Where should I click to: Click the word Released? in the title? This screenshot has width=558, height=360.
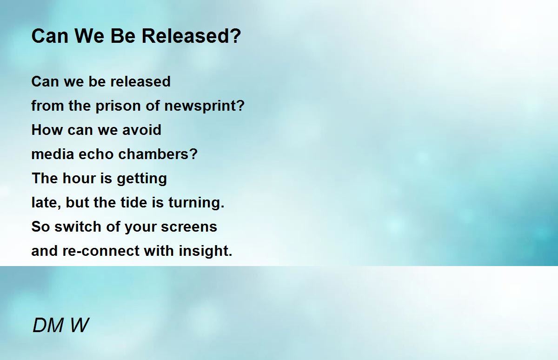[x=191, y=36]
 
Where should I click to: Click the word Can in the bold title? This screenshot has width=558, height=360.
[x=50, y=36]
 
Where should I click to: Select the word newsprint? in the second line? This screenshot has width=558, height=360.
[x=205, y=106]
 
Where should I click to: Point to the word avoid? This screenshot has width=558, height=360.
[x=142, y=130]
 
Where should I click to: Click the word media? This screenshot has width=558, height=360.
[x=53, y=154]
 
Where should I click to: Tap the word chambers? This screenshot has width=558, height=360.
[x=158, y=154]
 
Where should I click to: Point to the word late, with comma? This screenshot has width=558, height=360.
[x=46, y=202]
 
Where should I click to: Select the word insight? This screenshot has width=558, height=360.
[x=206, y=251]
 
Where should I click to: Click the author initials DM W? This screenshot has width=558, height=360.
[x=60, y=325]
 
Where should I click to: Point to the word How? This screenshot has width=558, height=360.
[x=47, y=130]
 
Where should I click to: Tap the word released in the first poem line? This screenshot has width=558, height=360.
[x=140, y=81]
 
